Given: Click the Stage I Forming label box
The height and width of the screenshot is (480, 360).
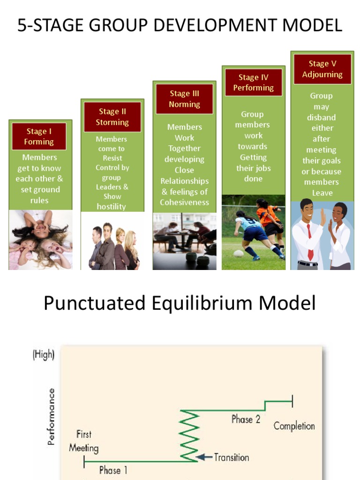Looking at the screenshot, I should coord(39,136).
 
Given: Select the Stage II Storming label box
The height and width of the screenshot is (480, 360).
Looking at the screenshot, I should coord(112,117).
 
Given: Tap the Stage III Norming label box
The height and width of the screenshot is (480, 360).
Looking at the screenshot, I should coord(184,99).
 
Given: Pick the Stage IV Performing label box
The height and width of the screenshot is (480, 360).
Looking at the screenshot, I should coord(253,82).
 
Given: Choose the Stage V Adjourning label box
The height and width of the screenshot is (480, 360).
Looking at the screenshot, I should coord(322,69).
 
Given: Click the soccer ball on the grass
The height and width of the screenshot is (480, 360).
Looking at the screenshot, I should coord(238,254).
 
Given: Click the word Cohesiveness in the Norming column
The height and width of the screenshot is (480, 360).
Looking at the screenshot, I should coord(184,202).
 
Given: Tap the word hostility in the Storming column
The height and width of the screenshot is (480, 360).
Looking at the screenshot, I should coord(112,206).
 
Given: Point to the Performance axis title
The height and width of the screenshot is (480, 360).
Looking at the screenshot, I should coord(52,416).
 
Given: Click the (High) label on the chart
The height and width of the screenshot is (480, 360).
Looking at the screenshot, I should coord(44,355).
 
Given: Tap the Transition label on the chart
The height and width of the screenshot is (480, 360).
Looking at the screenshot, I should coord(232,457).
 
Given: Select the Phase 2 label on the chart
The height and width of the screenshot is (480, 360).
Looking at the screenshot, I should coord(246,419).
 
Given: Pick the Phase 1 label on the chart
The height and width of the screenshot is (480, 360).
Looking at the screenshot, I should coord(113,470).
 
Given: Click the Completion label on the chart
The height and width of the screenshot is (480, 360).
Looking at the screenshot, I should coord(294,426).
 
